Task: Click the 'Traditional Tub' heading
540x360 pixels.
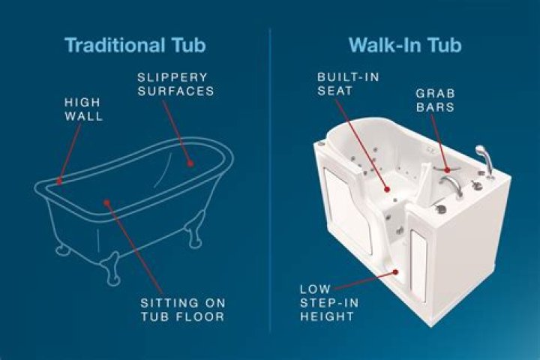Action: tap(135, 44)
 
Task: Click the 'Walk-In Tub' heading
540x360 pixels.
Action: tap(404, 44)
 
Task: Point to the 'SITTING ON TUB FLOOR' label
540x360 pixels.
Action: tap(183, 310)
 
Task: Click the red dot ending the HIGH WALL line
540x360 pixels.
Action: tap(58, 180)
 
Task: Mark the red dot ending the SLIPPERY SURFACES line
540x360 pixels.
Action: tap(192, 162)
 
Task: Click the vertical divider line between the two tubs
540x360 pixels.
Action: tap(270, 180)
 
